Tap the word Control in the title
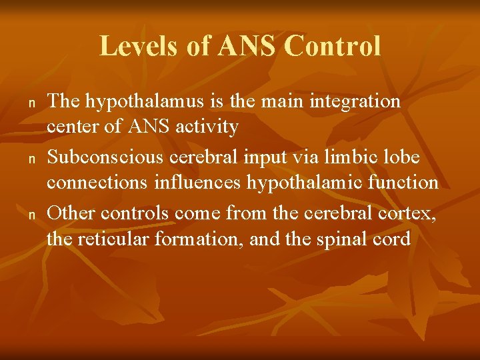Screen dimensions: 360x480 (x=332, y=47)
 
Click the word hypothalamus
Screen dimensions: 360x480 (x=147, y=102)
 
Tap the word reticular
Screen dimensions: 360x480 (x=113, y=238)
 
